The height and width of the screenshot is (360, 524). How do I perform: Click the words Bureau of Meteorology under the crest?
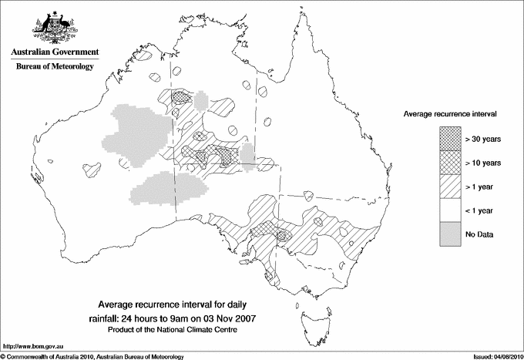coord(54,67)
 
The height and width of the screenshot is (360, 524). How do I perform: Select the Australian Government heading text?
coord(54,52)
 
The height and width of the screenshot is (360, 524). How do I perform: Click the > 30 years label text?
coord(483,139)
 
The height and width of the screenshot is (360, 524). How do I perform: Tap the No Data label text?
coord(479,234)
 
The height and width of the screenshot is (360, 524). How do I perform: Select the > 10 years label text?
coord(483,163)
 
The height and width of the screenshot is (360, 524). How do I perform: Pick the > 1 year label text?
coord(481,187)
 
